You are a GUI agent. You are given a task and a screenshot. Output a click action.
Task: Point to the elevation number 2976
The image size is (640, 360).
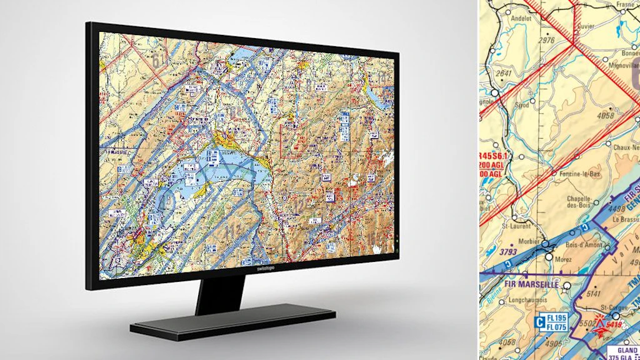[546, 40]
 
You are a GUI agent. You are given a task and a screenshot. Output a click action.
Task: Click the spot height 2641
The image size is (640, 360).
[503, 73]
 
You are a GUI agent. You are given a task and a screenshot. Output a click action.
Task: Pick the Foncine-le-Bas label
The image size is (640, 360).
[579, 174]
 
